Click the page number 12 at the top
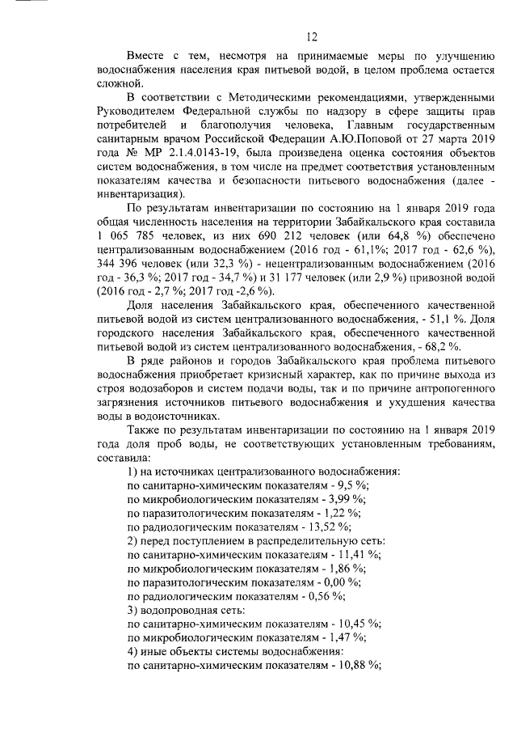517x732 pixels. click(x=311, y=36)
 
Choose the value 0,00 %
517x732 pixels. click(x=344, y=581)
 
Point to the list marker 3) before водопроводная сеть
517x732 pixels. click(x=134, y=608)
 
